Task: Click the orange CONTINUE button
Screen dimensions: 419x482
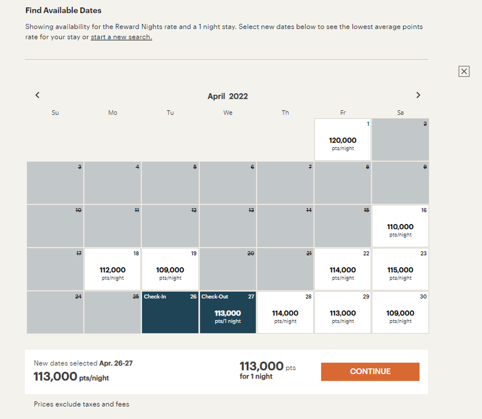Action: click(370, 371)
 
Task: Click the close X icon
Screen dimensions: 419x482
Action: click(464, 71)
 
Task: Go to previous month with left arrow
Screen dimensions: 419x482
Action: click(37, 95)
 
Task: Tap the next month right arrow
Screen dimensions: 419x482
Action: click(418, 95)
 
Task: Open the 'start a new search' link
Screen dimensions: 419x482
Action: click(121, 37)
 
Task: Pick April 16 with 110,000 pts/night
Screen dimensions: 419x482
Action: click(401, 226)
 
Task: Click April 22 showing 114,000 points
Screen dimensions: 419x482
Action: click(343, 269)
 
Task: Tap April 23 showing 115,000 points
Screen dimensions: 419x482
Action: click(401, 269)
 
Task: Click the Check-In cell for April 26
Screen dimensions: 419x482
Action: click(170, 313)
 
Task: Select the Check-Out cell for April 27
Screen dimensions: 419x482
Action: click(228, 313)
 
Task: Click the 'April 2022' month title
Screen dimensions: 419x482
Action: click(228, 97)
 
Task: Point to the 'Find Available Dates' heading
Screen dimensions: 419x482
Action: click(63, 10)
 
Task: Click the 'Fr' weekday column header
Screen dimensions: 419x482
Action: click(343, 112)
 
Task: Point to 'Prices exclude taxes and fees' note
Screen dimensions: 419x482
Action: click(81, 404)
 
